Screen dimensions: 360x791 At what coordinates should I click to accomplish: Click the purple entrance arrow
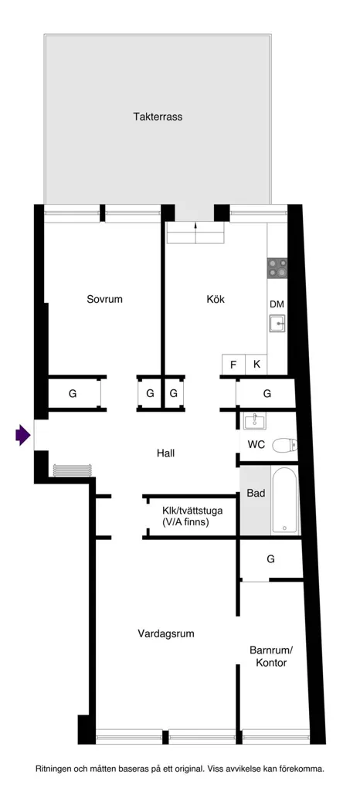pos(22,435)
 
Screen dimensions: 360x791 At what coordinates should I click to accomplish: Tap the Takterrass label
pos(158,117)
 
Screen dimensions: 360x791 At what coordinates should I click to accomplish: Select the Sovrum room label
pos(104,299)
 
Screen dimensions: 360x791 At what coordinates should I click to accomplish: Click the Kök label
pos(216,299)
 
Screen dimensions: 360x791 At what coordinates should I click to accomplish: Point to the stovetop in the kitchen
pos(277,268)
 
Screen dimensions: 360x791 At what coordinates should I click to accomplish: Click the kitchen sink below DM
pos(277,324)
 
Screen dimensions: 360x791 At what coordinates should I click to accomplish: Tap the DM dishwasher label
pos(277,304)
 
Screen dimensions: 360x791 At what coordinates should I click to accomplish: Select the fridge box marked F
pos(233,365)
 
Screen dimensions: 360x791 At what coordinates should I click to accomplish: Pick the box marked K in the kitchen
pos(256,365)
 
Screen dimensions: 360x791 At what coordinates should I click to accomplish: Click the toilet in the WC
pos(284,446)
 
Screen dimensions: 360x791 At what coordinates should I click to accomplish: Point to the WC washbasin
pos(256,421)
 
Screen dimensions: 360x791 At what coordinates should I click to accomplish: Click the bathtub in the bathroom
pos(285,501)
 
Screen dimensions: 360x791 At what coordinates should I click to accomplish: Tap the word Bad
pos(256,494)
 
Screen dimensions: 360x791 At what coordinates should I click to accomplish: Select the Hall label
pos(165,453)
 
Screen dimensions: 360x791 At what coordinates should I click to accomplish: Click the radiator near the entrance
pos(72,470)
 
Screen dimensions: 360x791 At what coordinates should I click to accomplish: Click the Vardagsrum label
pos(166,633)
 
